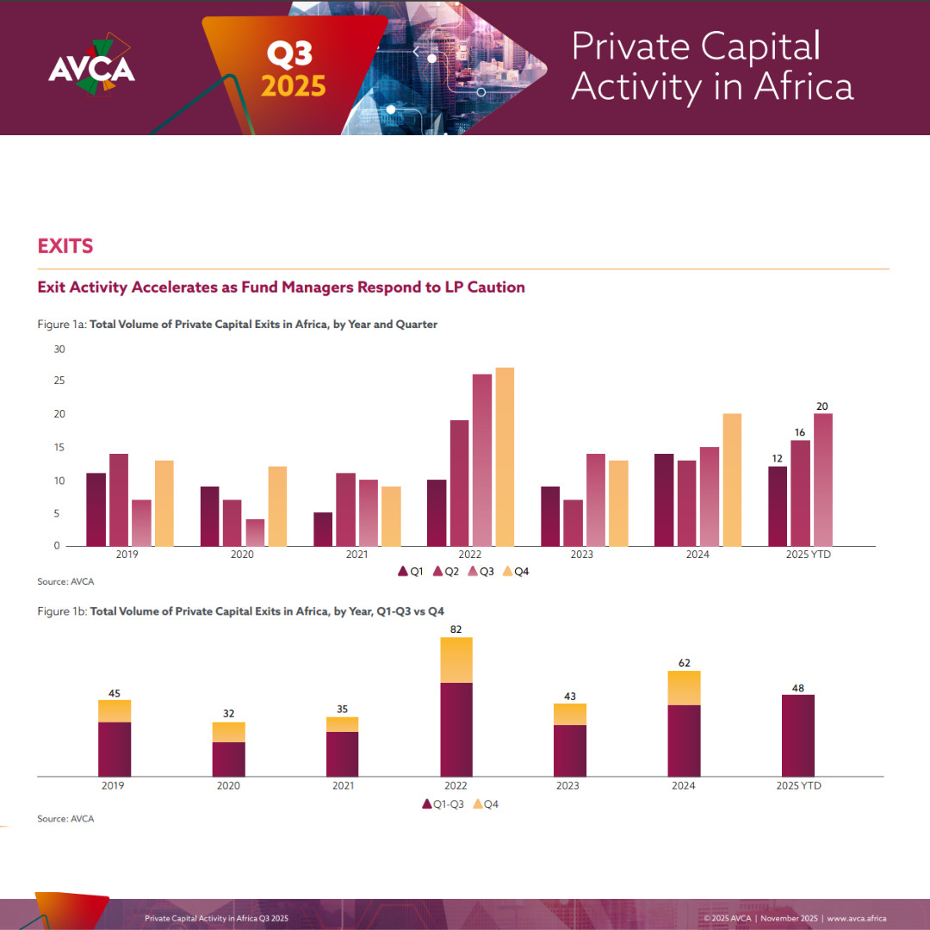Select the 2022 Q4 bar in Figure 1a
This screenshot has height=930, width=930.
pyautogui.click(x=505, y=456)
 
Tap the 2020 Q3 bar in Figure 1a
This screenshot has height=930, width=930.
pyautogui.click(x=255, y=532)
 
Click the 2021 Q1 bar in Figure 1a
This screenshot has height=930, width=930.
pyautogui.click(x=323, y=529)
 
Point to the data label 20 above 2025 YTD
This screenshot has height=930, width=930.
pyautogui.click(x=822, y=406)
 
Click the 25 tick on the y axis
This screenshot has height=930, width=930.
pyautogui.click(x=59, y=381)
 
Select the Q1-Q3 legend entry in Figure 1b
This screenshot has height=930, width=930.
pyautogui.click(x=444, y=804)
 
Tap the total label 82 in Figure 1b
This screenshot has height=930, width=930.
pyautogui.click(x=456, y=629)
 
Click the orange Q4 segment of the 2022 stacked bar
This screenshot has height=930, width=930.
pyautogui.click(x=456, y=660)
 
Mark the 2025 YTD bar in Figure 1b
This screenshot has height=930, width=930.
pyautogui.click(x=798, y=735)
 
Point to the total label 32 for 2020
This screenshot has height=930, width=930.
pyautogui.click(x=229, y=714)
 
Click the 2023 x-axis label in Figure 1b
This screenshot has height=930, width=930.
pyautogui.click(x=568, y=785)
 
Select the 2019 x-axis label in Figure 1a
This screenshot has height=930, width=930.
pyautogui.click(x=127, y=555)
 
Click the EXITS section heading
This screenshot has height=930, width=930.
pyautogui.click(x=65, y=246)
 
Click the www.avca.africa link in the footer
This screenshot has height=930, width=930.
pyautogui.click(x=857, y=918)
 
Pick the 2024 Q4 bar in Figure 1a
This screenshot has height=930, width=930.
pyautogui.click(x=732, y=480)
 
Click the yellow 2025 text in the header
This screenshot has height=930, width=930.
pyautogui.click(x=294, y=87)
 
